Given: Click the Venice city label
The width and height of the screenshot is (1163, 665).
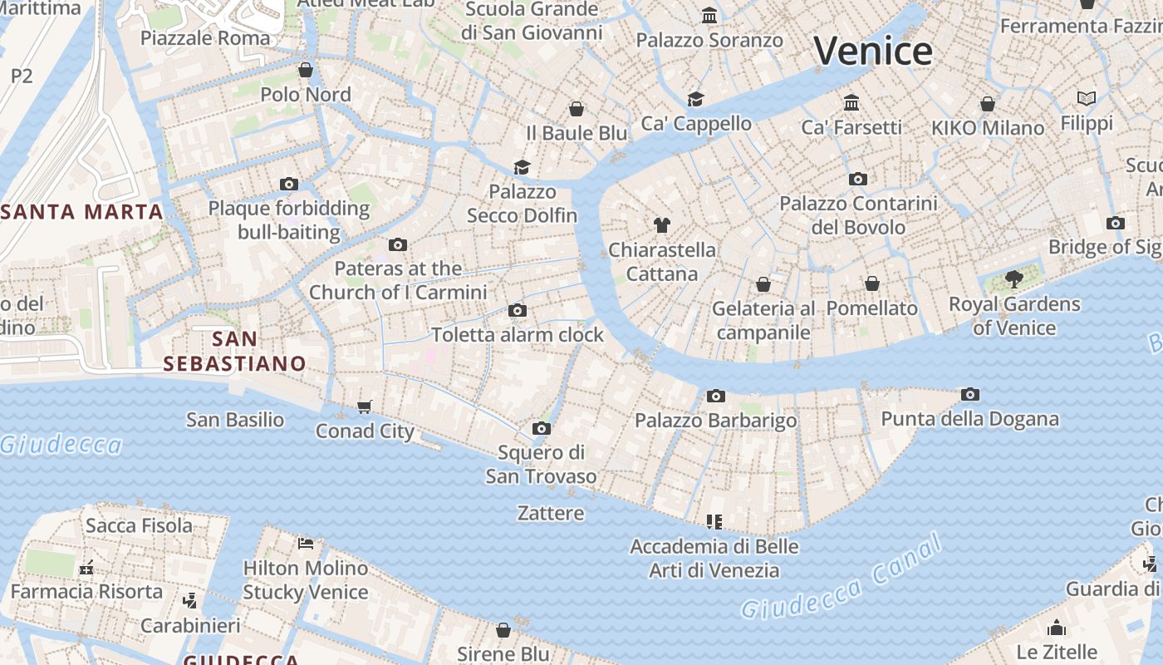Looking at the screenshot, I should click(x=873, y=52).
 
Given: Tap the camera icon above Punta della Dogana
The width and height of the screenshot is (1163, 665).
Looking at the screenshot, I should click(x=969, y=394).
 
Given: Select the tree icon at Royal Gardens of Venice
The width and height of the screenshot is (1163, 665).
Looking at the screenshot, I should click(x=1013, y=278).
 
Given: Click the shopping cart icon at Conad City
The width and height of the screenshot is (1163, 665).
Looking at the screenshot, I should click(x=364, y=406).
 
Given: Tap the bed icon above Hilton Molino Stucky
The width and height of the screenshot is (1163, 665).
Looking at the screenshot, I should click(x=306, y=544).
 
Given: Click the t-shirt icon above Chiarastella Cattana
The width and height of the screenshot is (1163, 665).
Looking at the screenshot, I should click(x=661, y=224).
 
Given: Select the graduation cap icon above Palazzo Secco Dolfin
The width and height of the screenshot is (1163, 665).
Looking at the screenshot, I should click(x=522, y=167).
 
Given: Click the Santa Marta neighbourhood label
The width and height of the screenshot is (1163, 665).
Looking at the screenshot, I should click(x=82, y=211).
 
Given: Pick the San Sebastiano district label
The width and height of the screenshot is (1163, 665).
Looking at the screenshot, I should click(x=235, y=351).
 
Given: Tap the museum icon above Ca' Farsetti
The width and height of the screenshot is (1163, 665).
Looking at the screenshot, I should click(x=851, y=102).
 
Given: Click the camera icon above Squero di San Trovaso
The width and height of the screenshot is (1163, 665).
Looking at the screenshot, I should click(x=542, y=428).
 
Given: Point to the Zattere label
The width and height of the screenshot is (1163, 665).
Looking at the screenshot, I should click(x=551, y=513).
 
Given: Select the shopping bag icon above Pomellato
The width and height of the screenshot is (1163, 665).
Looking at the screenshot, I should click(x=871, y=283).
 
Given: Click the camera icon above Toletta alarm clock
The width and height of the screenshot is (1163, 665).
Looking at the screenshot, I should click(x=518, y=310).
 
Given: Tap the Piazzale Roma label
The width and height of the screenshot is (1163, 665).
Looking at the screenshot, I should click(x=205, y=38).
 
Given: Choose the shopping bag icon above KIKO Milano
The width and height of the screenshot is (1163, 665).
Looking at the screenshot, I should click(x=987, y=104).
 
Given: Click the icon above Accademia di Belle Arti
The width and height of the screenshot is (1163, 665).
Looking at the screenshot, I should click(x=714, y=521).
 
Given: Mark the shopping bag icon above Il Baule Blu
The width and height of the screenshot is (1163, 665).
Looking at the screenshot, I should click(x=577, y=108).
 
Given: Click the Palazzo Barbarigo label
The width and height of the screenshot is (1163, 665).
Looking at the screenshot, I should click(x=715, y=421).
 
